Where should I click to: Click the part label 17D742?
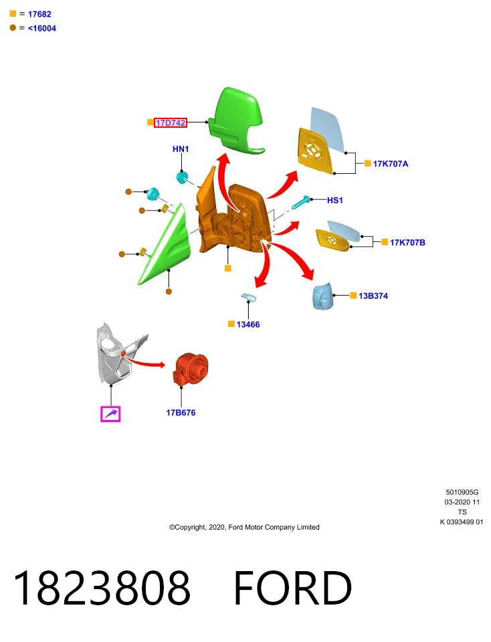(171, 122)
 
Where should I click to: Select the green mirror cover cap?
(236, 120)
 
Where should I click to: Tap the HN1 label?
(181, 149)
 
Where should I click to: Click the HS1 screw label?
(334, 200)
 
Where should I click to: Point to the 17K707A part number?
(390, 164)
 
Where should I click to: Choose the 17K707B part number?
(407, 242)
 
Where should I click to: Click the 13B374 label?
(373, 296)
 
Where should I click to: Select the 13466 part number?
(248, 324)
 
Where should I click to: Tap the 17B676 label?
(181, 413)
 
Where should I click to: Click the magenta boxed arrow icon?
(110, 413)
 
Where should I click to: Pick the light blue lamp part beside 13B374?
(322, 295)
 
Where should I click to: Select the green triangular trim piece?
(165, 245)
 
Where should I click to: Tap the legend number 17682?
(39, 14)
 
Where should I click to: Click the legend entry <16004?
(41, 28)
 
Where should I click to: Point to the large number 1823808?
(102, 588)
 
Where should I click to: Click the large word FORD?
(292, 588)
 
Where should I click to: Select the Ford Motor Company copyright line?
(244, 527)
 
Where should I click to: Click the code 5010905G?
(462, 492)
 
